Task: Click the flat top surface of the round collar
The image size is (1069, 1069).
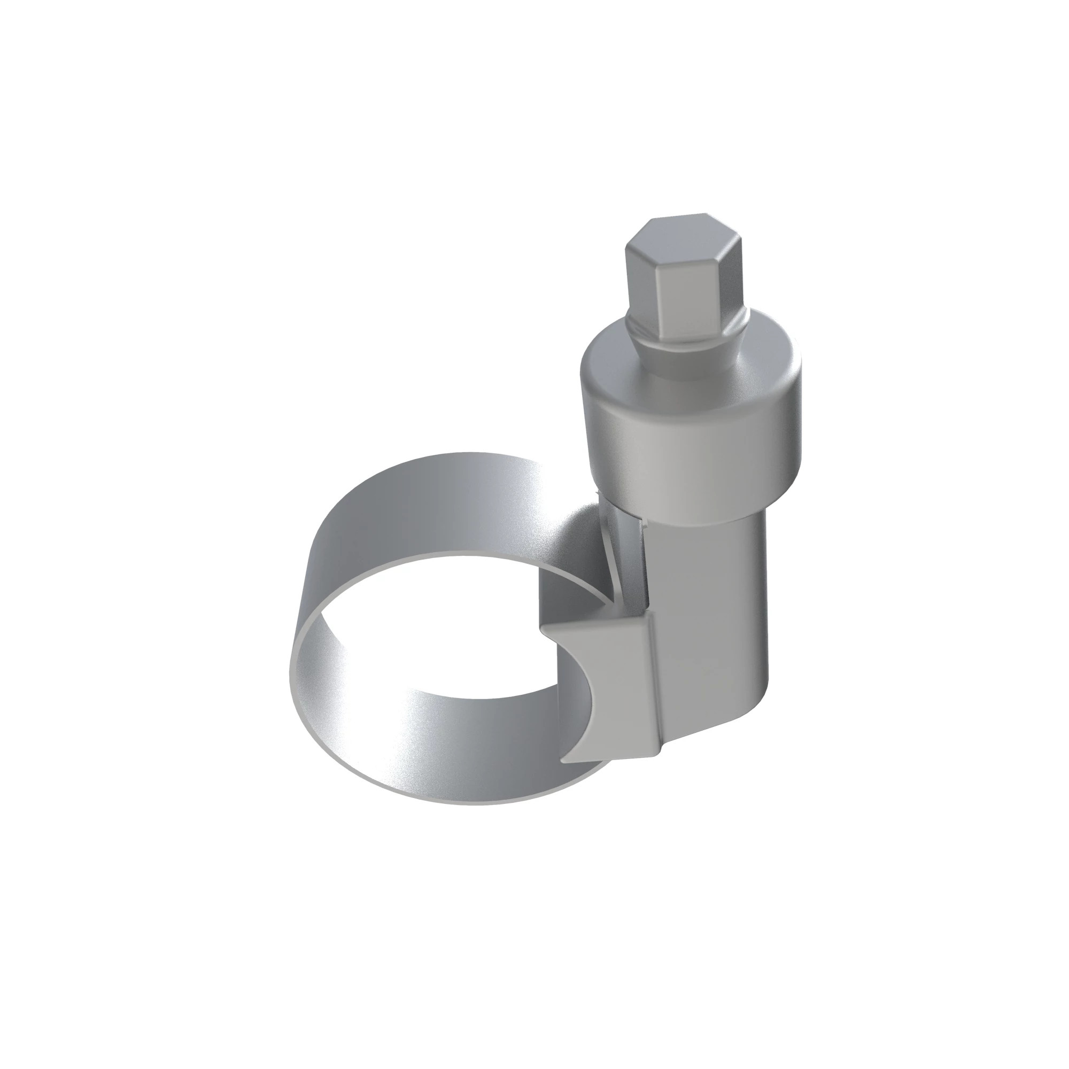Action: tap(619, 354)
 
